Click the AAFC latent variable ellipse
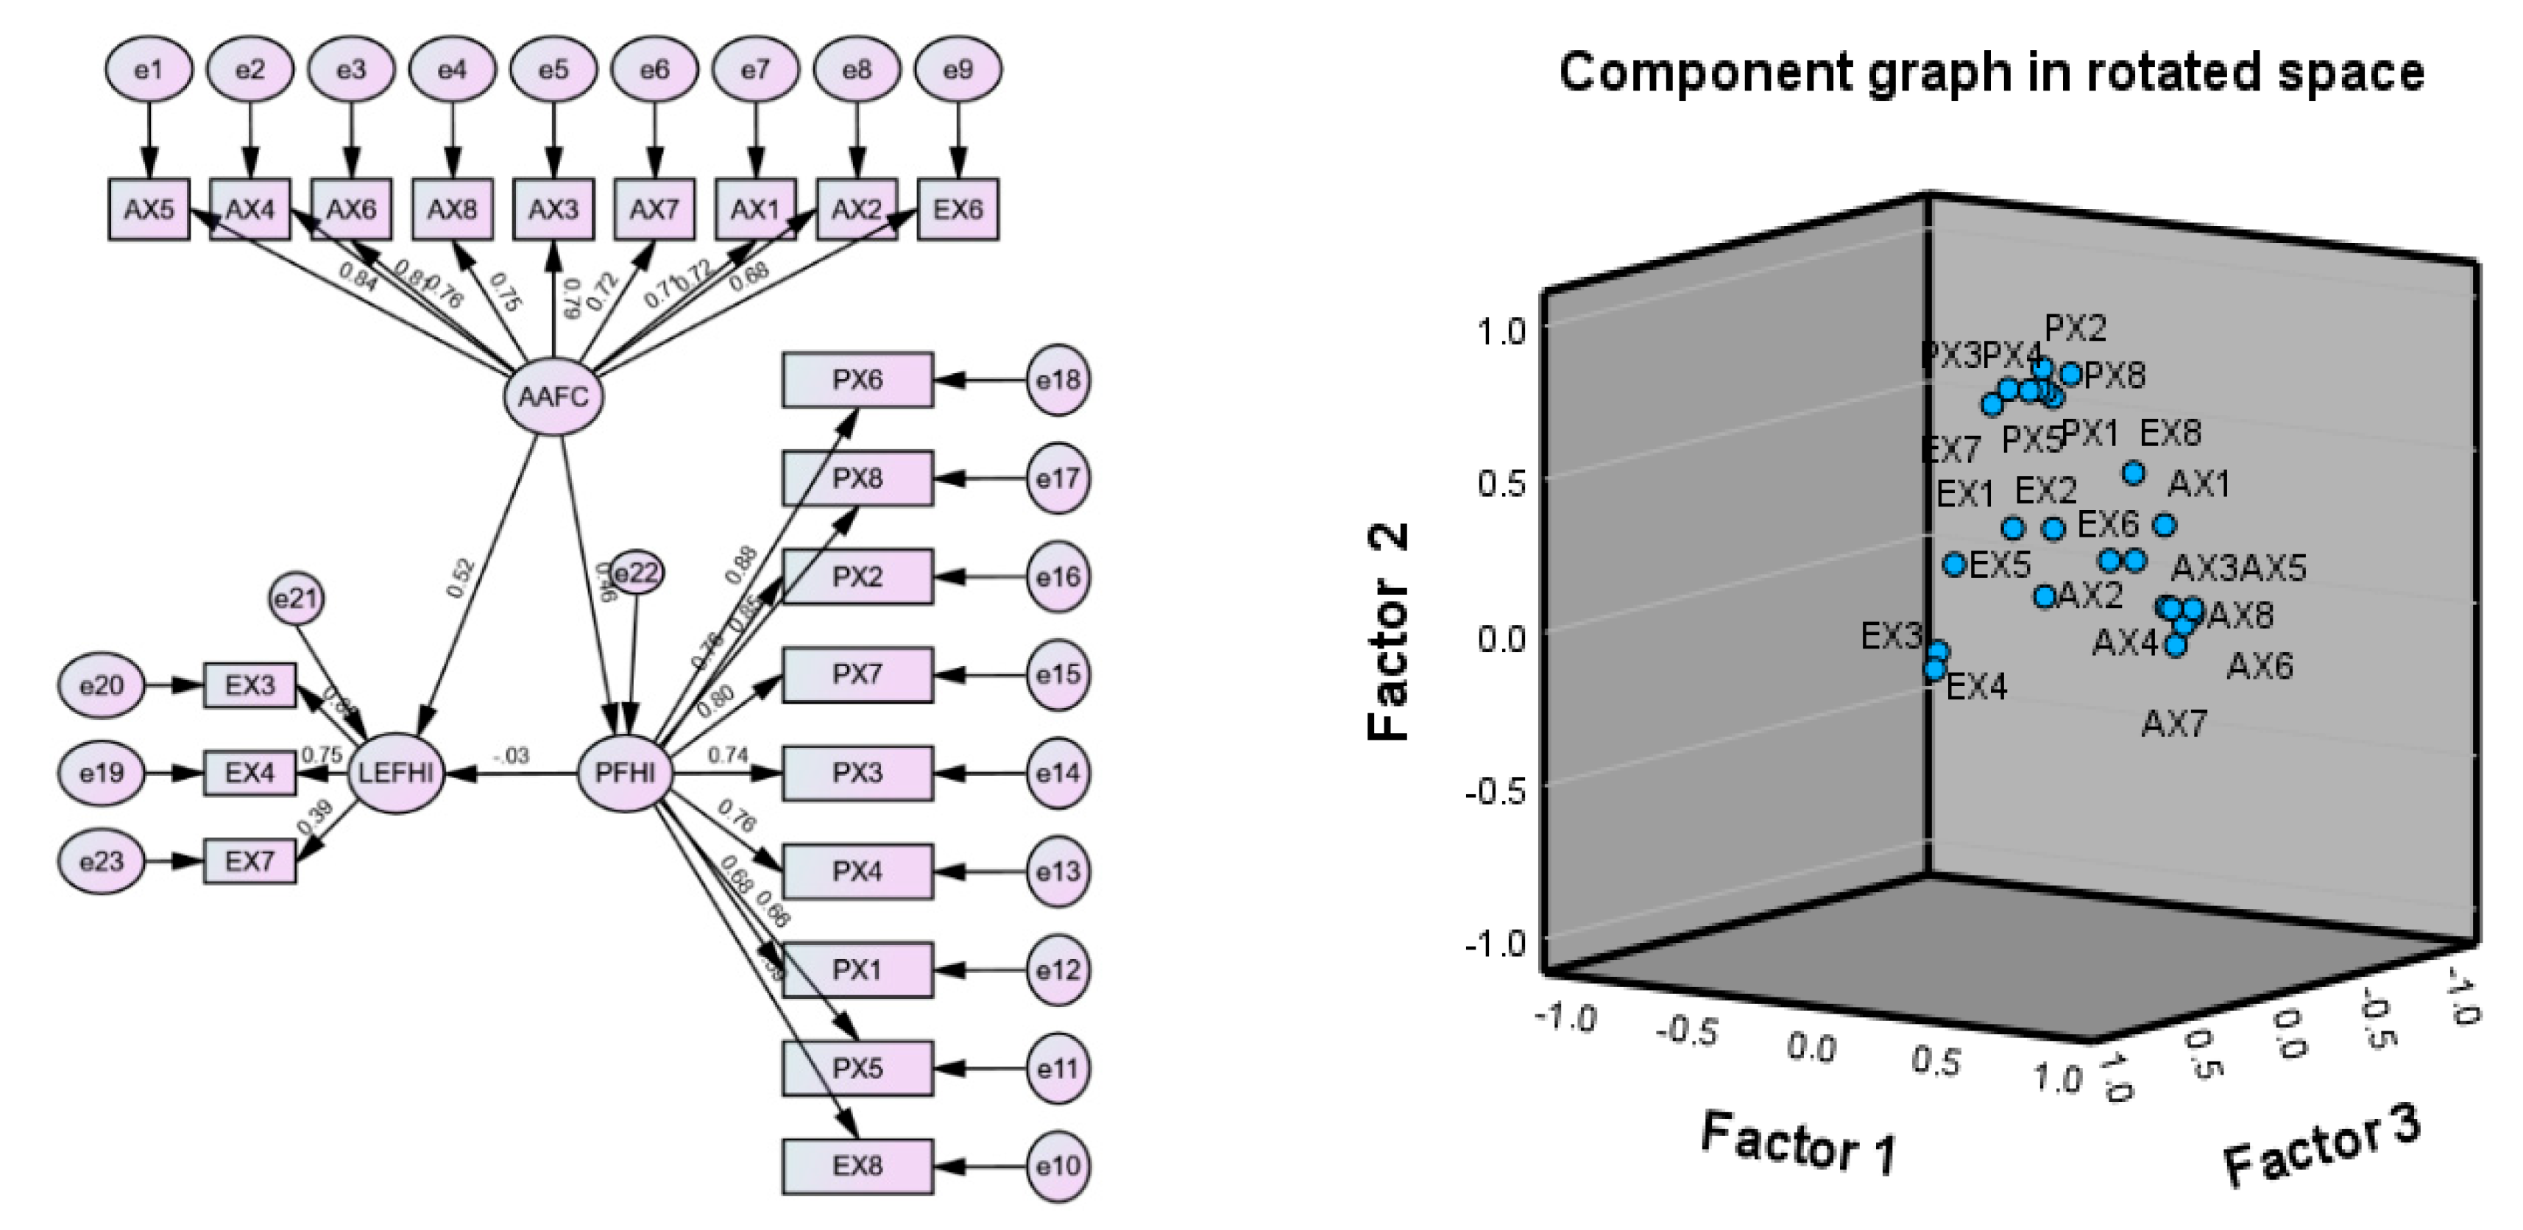pos(553,397)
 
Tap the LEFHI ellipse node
pos(396,774)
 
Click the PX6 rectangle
pos(857,380)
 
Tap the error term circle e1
pos(149,69)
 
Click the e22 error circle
pos(636,573)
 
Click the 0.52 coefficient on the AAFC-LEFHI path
pos(459,578)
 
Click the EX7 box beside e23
pos(250,862)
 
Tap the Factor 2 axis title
pos(1389,632)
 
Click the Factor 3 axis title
pos(2321,1146)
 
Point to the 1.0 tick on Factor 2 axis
pos(1501,331)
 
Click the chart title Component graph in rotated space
pos(1991,74)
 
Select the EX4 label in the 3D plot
pos(1975,688)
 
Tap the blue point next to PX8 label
pos(2070,374)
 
